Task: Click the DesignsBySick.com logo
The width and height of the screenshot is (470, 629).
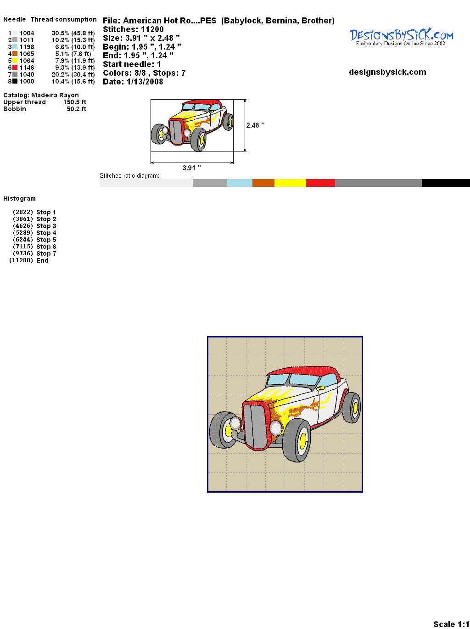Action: (401, 38)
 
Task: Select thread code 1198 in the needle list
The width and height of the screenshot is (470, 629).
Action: (27, 47)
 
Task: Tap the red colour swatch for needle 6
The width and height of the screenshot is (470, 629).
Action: (15, 67)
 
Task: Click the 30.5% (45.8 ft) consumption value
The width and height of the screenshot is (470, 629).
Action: (73, 33)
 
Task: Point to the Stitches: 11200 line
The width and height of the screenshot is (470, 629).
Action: (133, 29)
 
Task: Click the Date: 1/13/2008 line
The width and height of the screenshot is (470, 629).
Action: (133, 82)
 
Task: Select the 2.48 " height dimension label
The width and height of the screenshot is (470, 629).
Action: (255, 125)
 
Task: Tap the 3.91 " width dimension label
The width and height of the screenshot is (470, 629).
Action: (191, 168)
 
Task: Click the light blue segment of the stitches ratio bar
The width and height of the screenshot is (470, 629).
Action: (240, 183)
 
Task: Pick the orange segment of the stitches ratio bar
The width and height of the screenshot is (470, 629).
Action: (263, 183)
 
